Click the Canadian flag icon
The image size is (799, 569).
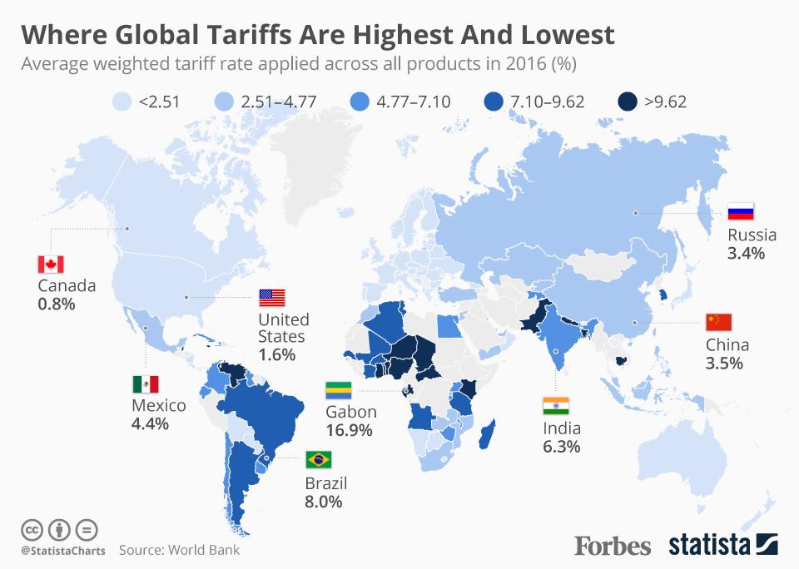tap(51, 265)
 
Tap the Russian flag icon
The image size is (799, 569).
tap(740, 211)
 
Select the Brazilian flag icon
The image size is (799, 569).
tap(319, 458)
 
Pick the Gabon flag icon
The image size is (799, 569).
tap(339, 391)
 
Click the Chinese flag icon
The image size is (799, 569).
tap(717, 322)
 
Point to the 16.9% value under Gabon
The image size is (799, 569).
tap(350, 431)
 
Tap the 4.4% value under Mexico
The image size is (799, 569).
tap(150, 423)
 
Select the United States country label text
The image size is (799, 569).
tap(283, 328)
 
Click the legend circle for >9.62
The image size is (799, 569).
tap(627, 102)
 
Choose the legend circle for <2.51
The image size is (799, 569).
tap(122, 102)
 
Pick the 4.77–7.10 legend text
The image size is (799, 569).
tap(414, 102)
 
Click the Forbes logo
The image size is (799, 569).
tap(613, 546)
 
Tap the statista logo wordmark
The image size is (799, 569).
tap(708, 546)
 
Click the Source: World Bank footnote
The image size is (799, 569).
tap(178, 550)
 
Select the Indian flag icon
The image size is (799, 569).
tap(555, 406)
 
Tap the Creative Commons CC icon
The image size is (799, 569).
tap(32, 529)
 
